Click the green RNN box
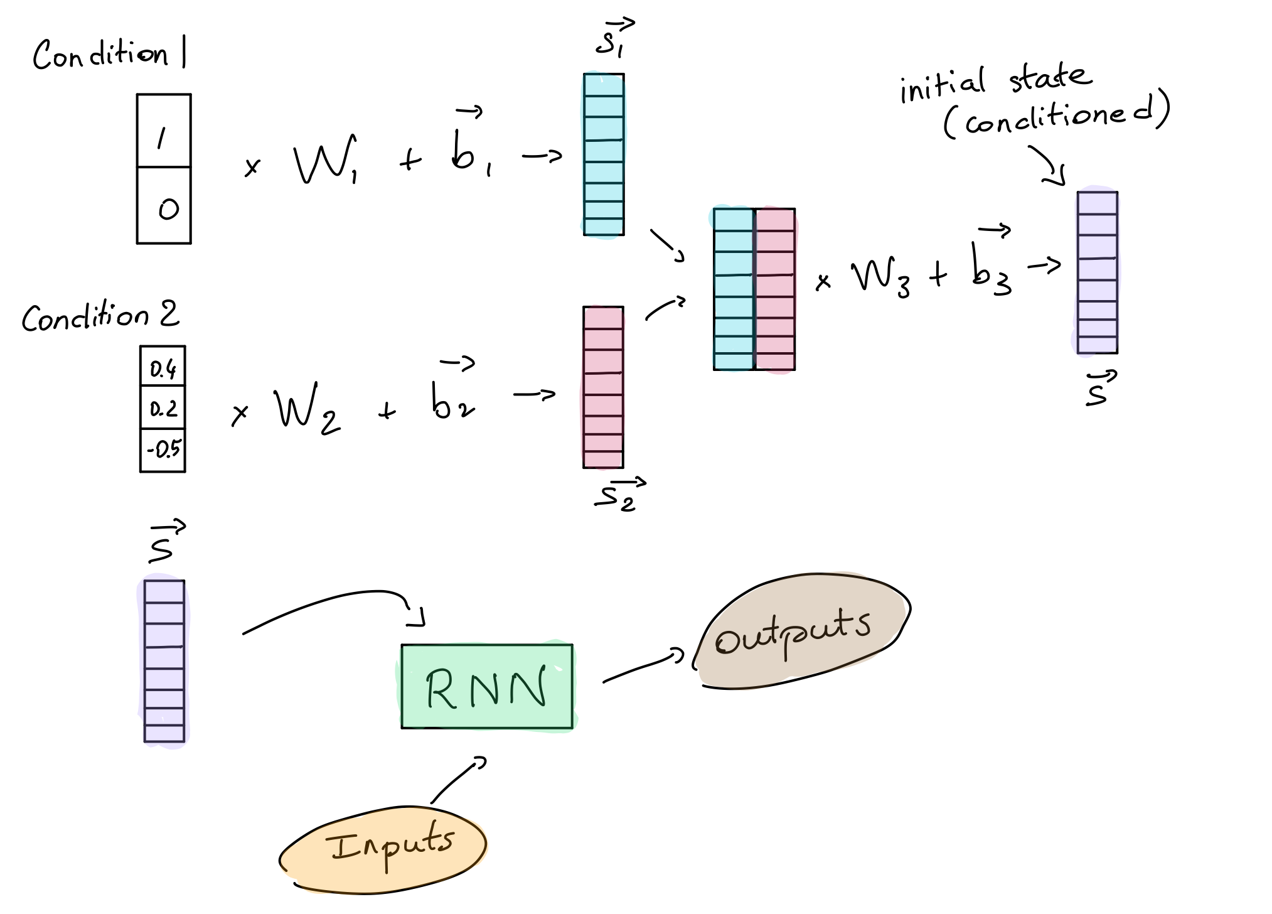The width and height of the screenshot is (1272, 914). pyautogui.click(x=487, y=687)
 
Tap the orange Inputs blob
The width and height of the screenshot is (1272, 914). pyautogui.click(x=383, y=847)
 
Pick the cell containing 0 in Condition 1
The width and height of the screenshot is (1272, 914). pyautogui.click(x=164, y=206)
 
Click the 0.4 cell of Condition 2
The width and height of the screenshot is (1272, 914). pyautogui.click(x=163, y=367)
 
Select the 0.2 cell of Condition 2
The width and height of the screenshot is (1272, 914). pyautogui.click(x=163, y=408)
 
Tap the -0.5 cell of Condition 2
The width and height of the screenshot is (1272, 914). pyautogui.click(x=163, y=449)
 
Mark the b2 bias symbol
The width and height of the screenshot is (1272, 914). pyautogui.click(x=452, y=402)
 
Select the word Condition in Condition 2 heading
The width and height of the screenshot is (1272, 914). pyautogui.click(x=85, y=317)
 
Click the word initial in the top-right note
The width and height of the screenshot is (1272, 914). pyautogui.click(x=941, y=86)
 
